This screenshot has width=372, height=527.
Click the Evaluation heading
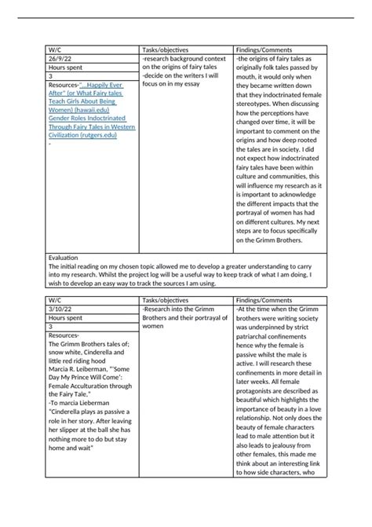[x=64, y=258]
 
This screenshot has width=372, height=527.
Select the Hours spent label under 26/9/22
[x=67, y=68]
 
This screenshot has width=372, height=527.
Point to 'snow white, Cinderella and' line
[x=83, y=352]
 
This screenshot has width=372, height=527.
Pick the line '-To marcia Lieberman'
[x=81, y=402]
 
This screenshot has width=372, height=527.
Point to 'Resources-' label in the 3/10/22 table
[x=64, y=335]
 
